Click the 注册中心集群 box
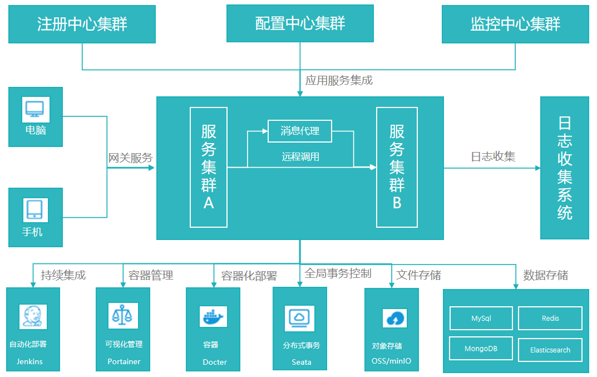pyautogui.click(x=82, y=24)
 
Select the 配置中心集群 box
pyautogui.click(x=300, y=23)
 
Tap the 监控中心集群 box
pyautogui.click(x=515, y=24)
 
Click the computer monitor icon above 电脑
pyautogui.click(x=36, y=109)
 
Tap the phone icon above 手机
pyautogui.click(x=35, y=210)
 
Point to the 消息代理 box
pyautogui.click(x=300, y=131)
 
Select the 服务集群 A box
pyautogui.click(x=209, y=167)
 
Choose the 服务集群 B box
pyautogui.click(x=397, y=167)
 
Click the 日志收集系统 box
pyautogui.click(x=564, y=168)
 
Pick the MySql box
pyautogui.click(x=481, y=319)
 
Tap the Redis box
pyautogui.click(x=550, y=319)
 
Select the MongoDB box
pyautogui.click(x=481, y=349)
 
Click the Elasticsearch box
pyautogui.click(x=550, y=350)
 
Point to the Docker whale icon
pyautogui.click(x=213, y=316)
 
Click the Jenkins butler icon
pyautogui.click(x=33, y=316)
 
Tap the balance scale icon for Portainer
pyautogui.click(x=122, y=316)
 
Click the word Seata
pyautogui.click(x=302, y=362)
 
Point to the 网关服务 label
pyautogui.click(x=130, y=158)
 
